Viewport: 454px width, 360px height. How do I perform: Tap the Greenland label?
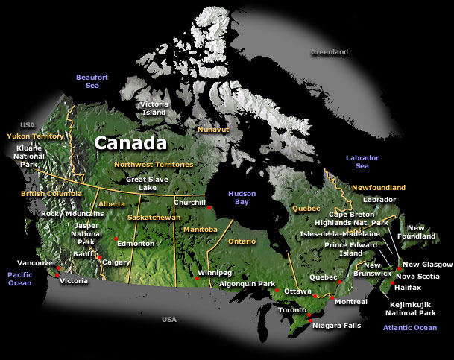pos(330,52)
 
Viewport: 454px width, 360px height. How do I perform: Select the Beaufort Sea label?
pos(92,81)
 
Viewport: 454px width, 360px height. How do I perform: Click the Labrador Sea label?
pos(362,162)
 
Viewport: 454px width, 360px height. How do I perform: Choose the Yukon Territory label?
pos(35,136)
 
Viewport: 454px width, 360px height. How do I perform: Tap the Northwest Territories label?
pos(153,164)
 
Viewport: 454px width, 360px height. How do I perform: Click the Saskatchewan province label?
pos(154,217)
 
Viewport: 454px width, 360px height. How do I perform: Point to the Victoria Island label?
pos(154,108)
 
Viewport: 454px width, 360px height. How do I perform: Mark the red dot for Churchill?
pos(209,208)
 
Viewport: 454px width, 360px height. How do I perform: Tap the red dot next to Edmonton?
pos(116,239)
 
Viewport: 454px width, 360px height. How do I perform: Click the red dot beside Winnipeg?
pos(196,279)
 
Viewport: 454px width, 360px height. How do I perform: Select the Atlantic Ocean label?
pos(409,328)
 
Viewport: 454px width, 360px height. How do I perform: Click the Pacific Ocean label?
pos(19,279)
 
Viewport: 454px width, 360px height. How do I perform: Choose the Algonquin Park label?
pos(247,284)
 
